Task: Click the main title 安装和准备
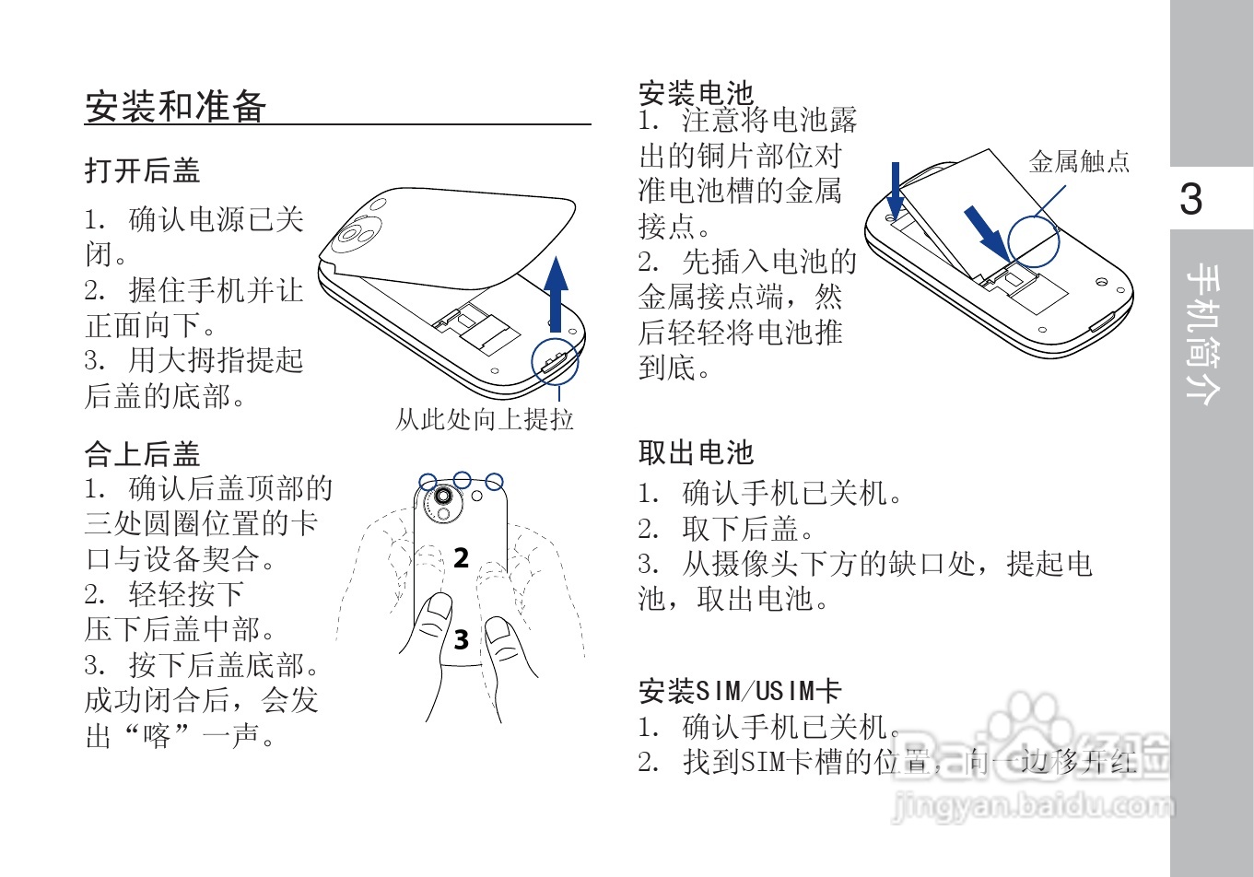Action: pos(176,107)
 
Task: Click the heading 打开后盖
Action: pos(142,170)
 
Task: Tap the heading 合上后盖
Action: pos(142,453)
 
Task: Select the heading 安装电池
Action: pos(696,93)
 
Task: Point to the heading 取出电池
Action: pos(696,452)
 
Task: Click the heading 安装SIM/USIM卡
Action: pos(740,691)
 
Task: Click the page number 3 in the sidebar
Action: pos(1191,199)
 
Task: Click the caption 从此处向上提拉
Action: pos(485,420)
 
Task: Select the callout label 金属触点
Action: pos(1079,162)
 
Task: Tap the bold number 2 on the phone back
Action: pos(462,557)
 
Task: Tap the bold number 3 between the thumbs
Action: pos(462,638)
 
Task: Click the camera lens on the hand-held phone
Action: pos(443,497)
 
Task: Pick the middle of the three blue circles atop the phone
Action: pos(462,480)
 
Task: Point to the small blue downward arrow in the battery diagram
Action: pos(895,190)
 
